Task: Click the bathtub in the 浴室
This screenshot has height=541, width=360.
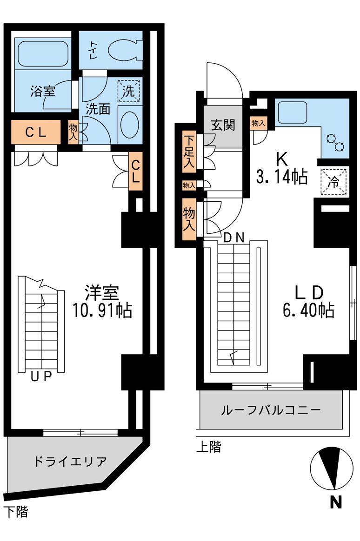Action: coord(42,54)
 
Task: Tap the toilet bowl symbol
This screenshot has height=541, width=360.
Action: coord(125,49)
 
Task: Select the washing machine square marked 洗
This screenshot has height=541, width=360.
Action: coord(128,91)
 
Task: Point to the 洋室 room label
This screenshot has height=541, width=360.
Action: coord(102,292)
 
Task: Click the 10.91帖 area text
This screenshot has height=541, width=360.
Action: coord(102,310)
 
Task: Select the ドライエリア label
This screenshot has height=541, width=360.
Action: coord(70,462)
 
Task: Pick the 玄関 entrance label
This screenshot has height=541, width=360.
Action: coord(223,125)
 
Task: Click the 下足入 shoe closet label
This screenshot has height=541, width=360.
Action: coord(189,151)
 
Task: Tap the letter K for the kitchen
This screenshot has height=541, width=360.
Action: coord(281,159)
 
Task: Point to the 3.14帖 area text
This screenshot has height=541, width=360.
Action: coord(281,177)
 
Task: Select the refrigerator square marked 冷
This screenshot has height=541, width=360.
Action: coord(334,181)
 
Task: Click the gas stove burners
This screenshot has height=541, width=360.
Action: coord(336,142)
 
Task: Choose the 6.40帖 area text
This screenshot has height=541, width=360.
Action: coord(309,310)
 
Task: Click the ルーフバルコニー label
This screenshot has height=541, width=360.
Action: coord(270,410)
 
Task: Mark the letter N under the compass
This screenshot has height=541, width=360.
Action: coord(335,502)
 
